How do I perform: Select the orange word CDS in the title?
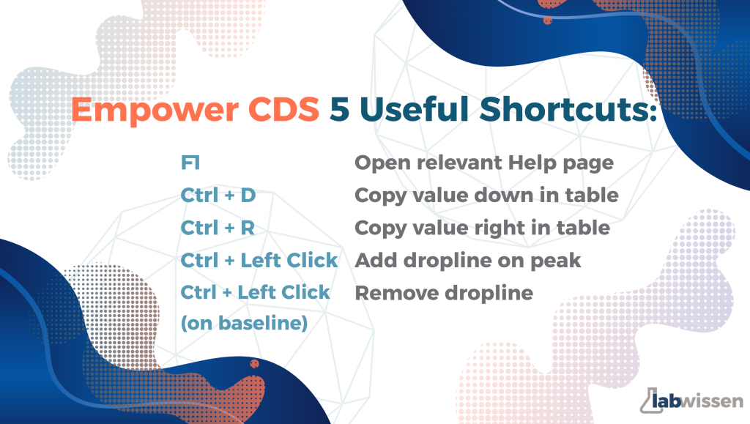point(283,109)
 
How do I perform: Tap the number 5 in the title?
point(340,109)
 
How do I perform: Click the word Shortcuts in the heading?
point(568,108)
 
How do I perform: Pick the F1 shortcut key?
point(190,163)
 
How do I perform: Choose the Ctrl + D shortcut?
point(218,195)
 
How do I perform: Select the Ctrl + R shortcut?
point(218,228)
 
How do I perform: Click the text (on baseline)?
point(244,323)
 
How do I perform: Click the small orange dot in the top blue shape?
point(548,21)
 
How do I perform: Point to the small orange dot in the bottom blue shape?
point(254,364)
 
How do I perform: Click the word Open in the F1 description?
point(382,163)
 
